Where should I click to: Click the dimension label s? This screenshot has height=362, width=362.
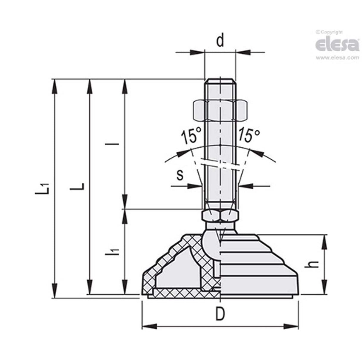(180, 175)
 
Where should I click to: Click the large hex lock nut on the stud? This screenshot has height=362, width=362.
(220, 110)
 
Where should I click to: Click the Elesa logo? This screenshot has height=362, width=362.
(337, 44)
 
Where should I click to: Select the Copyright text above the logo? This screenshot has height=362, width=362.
(329, 32)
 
